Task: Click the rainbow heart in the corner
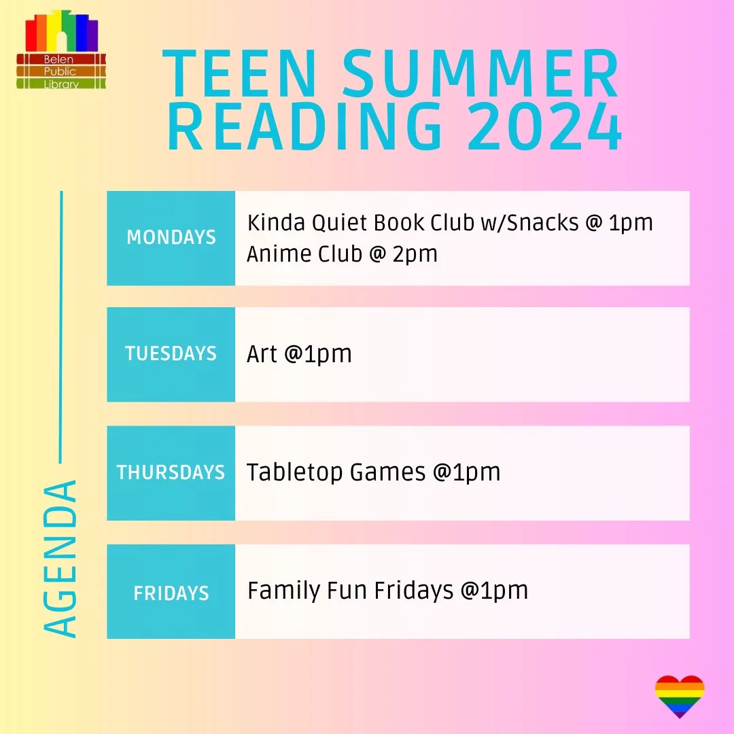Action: (x=679, y=696)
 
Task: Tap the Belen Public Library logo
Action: (x=61, y=50)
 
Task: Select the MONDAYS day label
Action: (x=171, y=237)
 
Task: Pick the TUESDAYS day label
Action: (x=171, y=353)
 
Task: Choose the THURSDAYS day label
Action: (x=171, y=472)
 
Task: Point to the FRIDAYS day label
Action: (x=171, y=593)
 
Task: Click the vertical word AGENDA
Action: (x=60, y=559)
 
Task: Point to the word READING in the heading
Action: (x=304, y=126)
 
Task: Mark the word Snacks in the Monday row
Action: (x=542, y=222)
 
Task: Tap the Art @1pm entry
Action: (x=299, y=354)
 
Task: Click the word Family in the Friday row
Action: (x=283, y=591)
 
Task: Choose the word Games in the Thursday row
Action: (x=388, y=472)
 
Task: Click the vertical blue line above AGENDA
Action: (x=61, y=327)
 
